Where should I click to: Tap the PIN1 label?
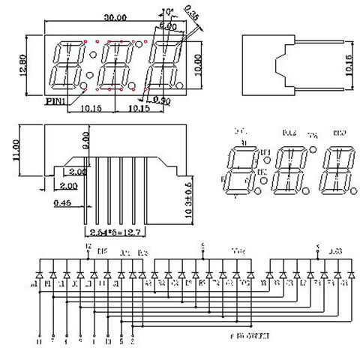(x=55, y=98)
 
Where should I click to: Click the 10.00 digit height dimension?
(x=196, y=65)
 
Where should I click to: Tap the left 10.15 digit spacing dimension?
(x=89, y=107)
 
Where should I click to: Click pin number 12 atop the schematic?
(x=88, y=246)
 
